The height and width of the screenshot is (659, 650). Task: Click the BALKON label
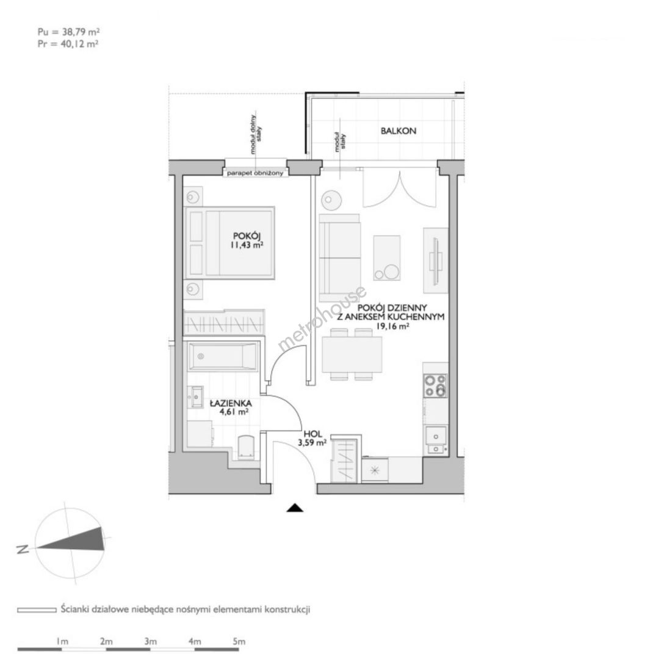click(x=398, y=131)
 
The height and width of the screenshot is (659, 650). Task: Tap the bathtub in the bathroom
click(x=222, y=357)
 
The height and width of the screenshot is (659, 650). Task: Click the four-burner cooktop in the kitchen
click(x=435, y=386)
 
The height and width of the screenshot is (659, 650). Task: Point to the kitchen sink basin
click(x=436, y=436)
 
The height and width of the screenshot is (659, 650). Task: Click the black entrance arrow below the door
click(x=295, y=508)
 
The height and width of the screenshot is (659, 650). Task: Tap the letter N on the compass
click(x=22, y=549)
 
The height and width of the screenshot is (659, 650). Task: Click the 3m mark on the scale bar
click(x=151, y=642)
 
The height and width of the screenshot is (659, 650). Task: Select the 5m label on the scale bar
click(x=239, y=642)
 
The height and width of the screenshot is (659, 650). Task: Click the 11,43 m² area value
click(x=247, y=245)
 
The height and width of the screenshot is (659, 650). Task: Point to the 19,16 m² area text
click(x=392, y=326)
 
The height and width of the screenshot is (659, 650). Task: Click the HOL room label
click(x=313, y=434)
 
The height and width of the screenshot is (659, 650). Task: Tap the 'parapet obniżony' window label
click(x=255, y=173)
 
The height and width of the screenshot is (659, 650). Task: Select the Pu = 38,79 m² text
click(x=68, y=32)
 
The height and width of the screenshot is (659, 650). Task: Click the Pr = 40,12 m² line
click(x=68, y=44)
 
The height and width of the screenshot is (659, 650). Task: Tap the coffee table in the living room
click(x=387, y=257)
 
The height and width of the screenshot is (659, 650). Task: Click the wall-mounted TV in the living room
click(x=436, y=261)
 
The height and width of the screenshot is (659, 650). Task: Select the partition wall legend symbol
click(x=37, y=610)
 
